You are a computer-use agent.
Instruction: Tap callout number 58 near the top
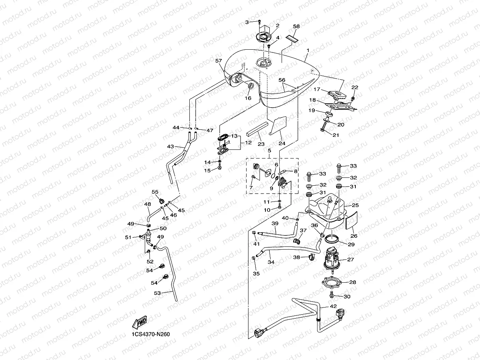pos(296,26)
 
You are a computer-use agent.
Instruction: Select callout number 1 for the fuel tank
pos(308,51)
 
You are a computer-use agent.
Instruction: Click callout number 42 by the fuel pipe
pos(333,306)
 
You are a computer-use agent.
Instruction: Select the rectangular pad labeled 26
pos(350,221)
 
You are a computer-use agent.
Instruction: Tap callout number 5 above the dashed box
pos(269,151)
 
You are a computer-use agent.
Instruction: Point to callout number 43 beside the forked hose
pos(170,146)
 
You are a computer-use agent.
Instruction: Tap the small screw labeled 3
pos(259,22)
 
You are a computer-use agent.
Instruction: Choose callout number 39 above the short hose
pos(275,224)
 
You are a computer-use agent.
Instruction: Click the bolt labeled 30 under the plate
pos(332,295)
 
